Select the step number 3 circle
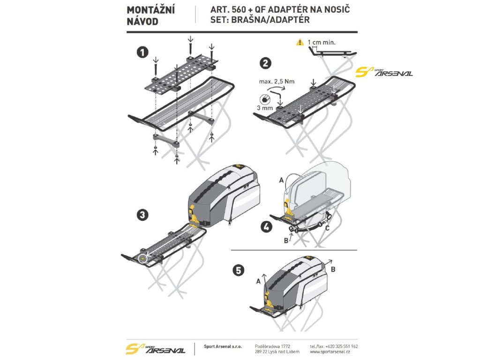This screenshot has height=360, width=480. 142,215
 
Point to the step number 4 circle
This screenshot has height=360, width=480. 266,227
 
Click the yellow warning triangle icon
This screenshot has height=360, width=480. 300,43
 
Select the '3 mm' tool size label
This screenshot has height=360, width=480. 265,108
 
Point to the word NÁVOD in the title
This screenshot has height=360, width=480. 142,21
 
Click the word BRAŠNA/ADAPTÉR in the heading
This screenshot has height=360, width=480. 270,21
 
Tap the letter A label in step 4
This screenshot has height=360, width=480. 281,180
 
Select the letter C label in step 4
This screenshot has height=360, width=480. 327,228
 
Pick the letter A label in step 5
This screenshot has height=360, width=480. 258,282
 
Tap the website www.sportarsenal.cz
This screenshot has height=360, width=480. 333,351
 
